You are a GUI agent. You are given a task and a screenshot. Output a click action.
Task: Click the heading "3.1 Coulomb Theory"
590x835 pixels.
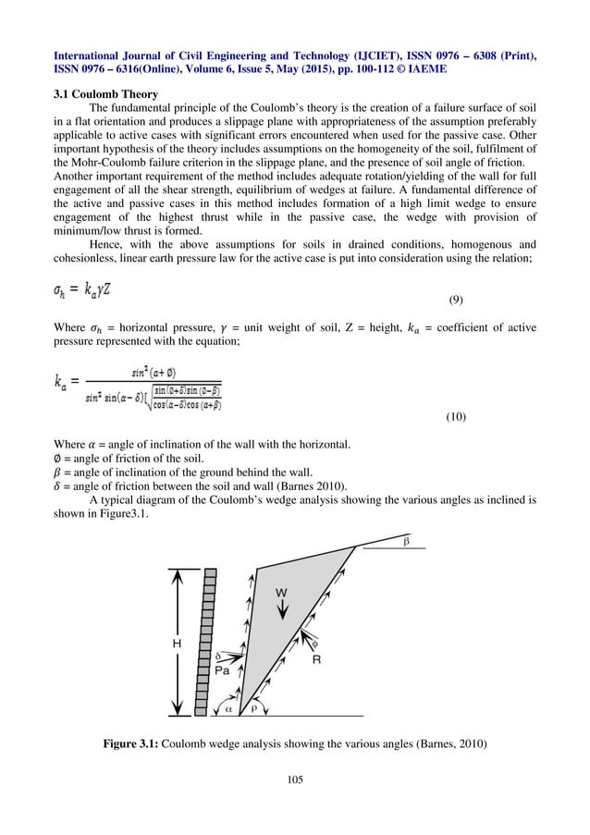106,93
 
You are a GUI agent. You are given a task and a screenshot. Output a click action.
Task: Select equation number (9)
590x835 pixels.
455,301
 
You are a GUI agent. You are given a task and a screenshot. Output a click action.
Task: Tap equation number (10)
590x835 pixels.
455,418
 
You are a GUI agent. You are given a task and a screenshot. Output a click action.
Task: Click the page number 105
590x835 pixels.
295,780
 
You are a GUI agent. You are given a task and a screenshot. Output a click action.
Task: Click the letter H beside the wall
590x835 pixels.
177,643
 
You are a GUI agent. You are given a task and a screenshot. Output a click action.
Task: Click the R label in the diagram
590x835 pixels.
315,660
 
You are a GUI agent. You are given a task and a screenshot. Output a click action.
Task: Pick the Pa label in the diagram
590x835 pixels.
222,671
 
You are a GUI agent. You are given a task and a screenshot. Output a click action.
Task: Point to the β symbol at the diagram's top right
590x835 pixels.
405,540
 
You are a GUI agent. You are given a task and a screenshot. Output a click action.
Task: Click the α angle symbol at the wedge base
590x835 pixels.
229,708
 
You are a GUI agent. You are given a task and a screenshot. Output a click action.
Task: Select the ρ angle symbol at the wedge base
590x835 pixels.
254,708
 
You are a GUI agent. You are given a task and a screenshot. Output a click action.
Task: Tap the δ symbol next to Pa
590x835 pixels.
218,655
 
